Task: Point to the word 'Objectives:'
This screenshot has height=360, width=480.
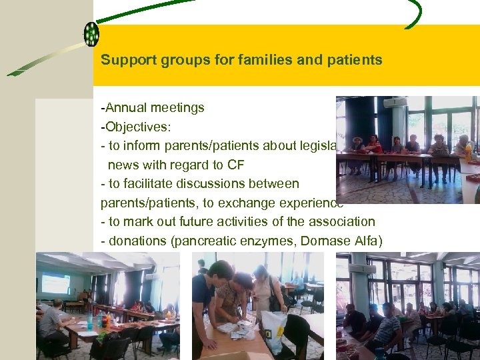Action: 134,127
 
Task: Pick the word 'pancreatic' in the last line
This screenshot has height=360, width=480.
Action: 202,241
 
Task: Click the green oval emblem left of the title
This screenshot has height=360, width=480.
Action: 91,33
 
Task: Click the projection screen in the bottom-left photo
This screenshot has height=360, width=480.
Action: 56,283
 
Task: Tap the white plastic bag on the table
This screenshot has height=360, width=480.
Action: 274,331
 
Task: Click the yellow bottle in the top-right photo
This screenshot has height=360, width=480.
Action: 468,153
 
